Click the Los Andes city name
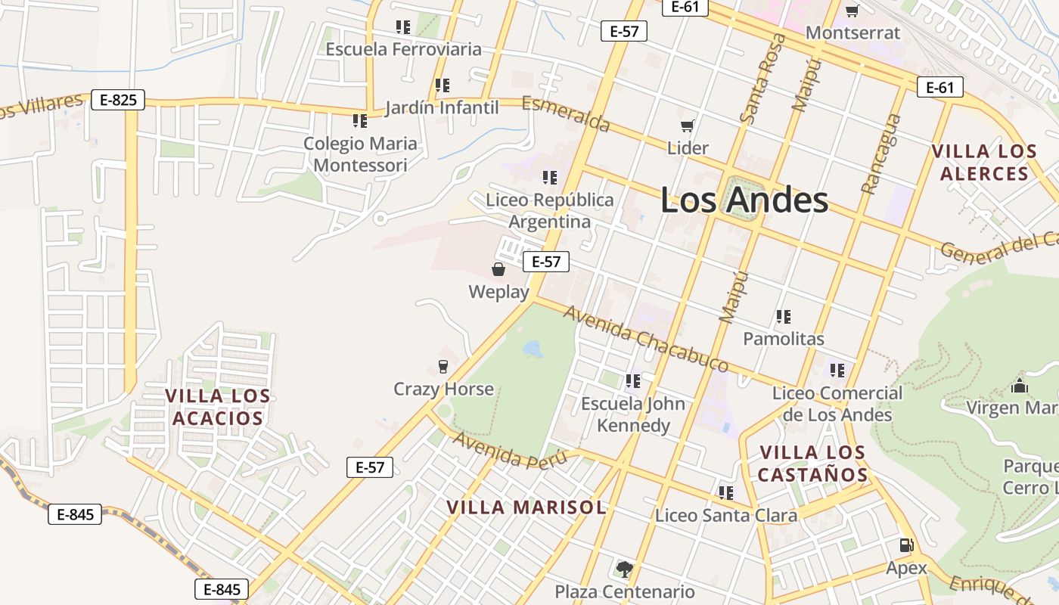coord(744,201)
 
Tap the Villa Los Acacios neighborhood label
coord(218,407)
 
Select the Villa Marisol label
coord(526,507)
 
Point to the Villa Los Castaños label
coord(812,464)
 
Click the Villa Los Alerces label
coord(983,163)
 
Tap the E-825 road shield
coord(117,100)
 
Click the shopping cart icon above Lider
coord(688,126)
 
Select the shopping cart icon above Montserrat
coord(852,11)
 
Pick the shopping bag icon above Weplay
coord(498,269)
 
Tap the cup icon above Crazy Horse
coord(443,367)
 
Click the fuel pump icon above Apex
coord(906,545)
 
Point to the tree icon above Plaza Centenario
coord(624,569)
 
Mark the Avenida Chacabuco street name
coord(646,338)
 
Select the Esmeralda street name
coord(566,113)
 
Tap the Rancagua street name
coord(882,154)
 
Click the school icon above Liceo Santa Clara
coord(726,493)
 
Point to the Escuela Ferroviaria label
coord(403,49)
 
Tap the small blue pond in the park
coord(533,349)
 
